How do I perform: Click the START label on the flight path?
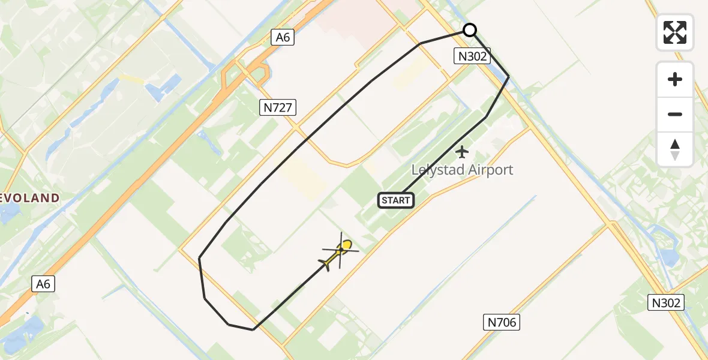[x=396, y=200]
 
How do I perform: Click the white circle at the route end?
[x=470, y=30]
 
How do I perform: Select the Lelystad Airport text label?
[x=462, y=170]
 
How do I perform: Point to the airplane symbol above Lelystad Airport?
[x=461, y=152]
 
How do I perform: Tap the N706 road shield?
[x=501, y=322]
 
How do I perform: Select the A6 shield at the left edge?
[x=43, y=284]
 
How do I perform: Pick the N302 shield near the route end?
[x=472, y=56]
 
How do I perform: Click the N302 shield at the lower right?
[x=667, y=302]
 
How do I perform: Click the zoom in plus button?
[x=675, y=79]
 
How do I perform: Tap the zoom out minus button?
[x=675, y=114]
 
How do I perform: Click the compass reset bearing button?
[x=675, y=149]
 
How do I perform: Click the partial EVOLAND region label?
[x=30, y=198]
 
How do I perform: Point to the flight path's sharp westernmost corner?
[x=199, y=258]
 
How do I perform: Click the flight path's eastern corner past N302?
[x=509, y=76]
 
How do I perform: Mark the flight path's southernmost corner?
[x=253, y=329]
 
